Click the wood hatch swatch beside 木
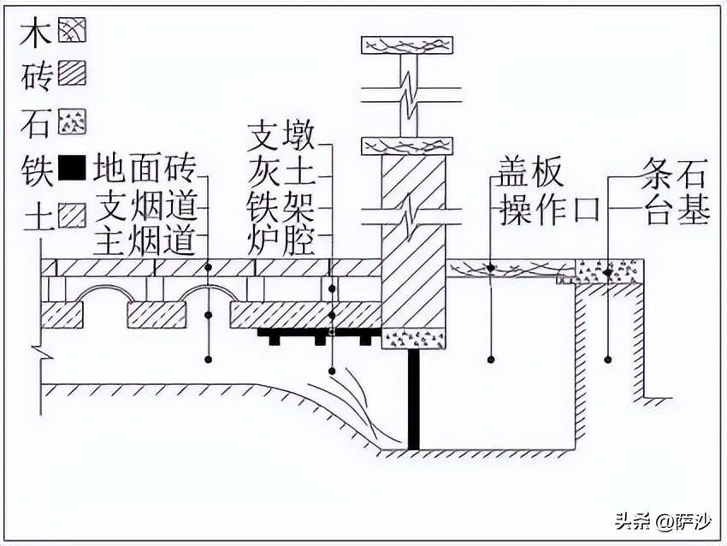click(x=72, y=33)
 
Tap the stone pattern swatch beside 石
click(x=72, y=124)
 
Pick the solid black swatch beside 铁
click(x=72, y=169)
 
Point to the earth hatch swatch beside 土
click(x=72, y=216)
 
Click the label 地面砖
click(x=145, y=169)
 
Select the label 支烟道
click(x=145, y=205)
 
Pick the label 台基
click(x=677, y=211)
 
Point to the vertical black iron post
click(x=414, y=399)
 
